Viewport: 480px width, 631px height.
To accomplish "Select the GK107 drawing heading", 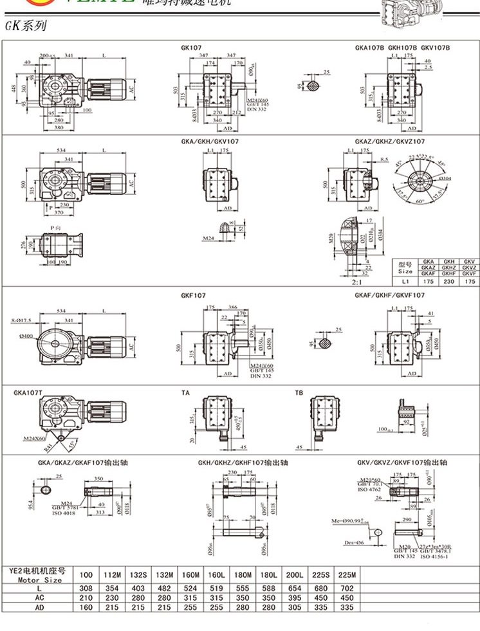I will click(190, 48).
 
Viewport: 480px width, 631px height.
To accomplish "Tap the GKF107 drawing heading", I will click(194, 295).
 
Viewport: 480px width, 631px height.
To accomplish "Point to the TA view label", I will click(185, 392).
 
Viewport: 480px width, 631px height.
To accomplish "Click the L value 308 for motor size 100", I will click(86, 589).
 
